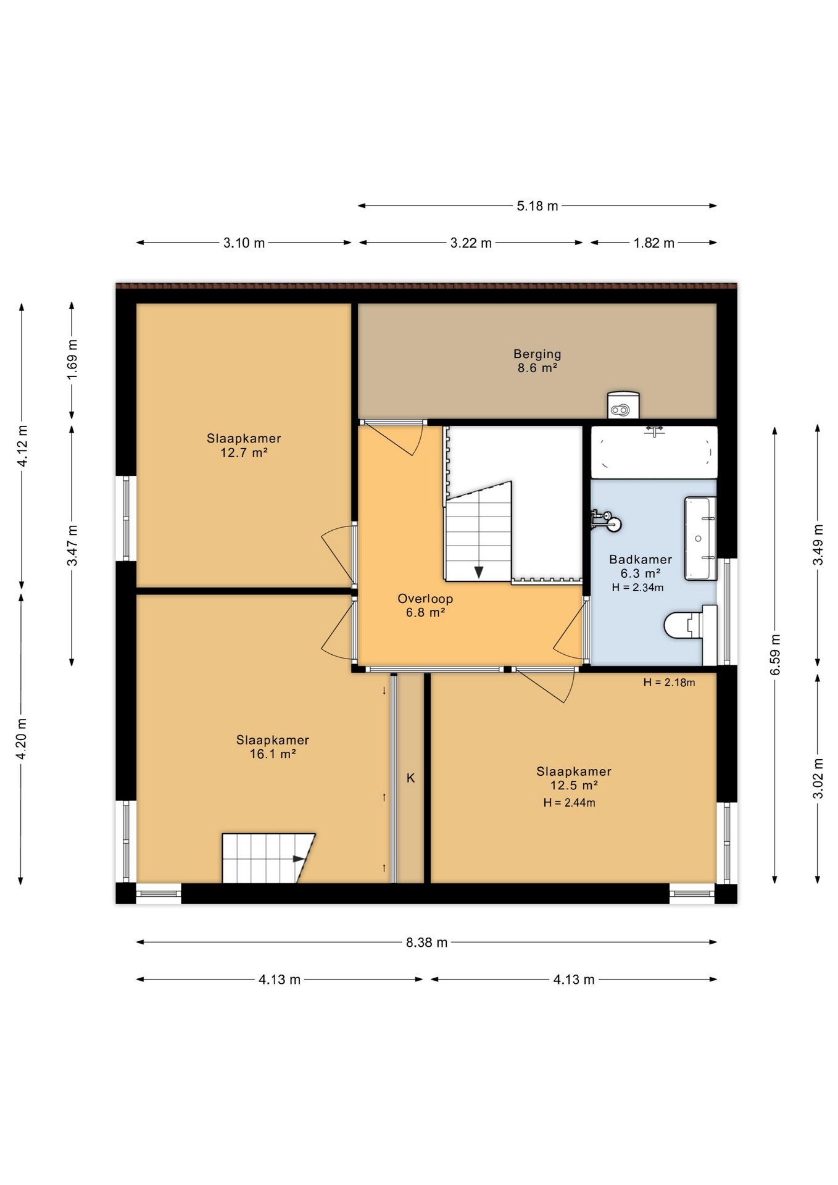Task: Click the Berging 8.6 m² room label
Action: click(x=537, y=361)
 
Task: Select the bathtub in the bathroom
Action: click(x=654, y=452)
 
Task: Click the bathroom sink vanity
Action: click(x=700, y=538)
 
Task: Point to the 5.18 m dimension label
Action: click(x=537, y=206)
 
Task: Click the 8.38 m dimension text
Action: click(x=426, y=942)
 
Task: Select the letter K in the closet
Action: click(x=410, y=778)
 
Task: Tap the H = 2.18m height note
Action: click(x=669, y=682)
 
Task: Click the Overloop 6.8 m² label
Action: click(x=425, y=605)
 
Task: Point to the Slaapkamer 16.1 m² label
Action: click(x=272, y=747)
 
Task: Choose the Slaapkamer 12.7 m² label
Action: click(x=244, y=445)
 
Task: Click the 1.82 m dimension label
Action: click(x=653, y=243)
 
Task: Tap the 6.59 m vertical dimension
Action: click(x=776, y=654)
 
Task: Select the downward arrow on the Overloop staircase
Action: click(x=479, y=572)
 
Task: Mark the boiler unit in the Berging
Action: click(x=623, y=405)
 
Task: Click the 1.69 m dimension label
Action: click(x=73, y=360)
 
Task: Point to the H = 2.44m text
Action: click(x=569, y=803)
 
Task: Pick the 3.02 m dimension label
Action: click(x=818, y=778)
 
